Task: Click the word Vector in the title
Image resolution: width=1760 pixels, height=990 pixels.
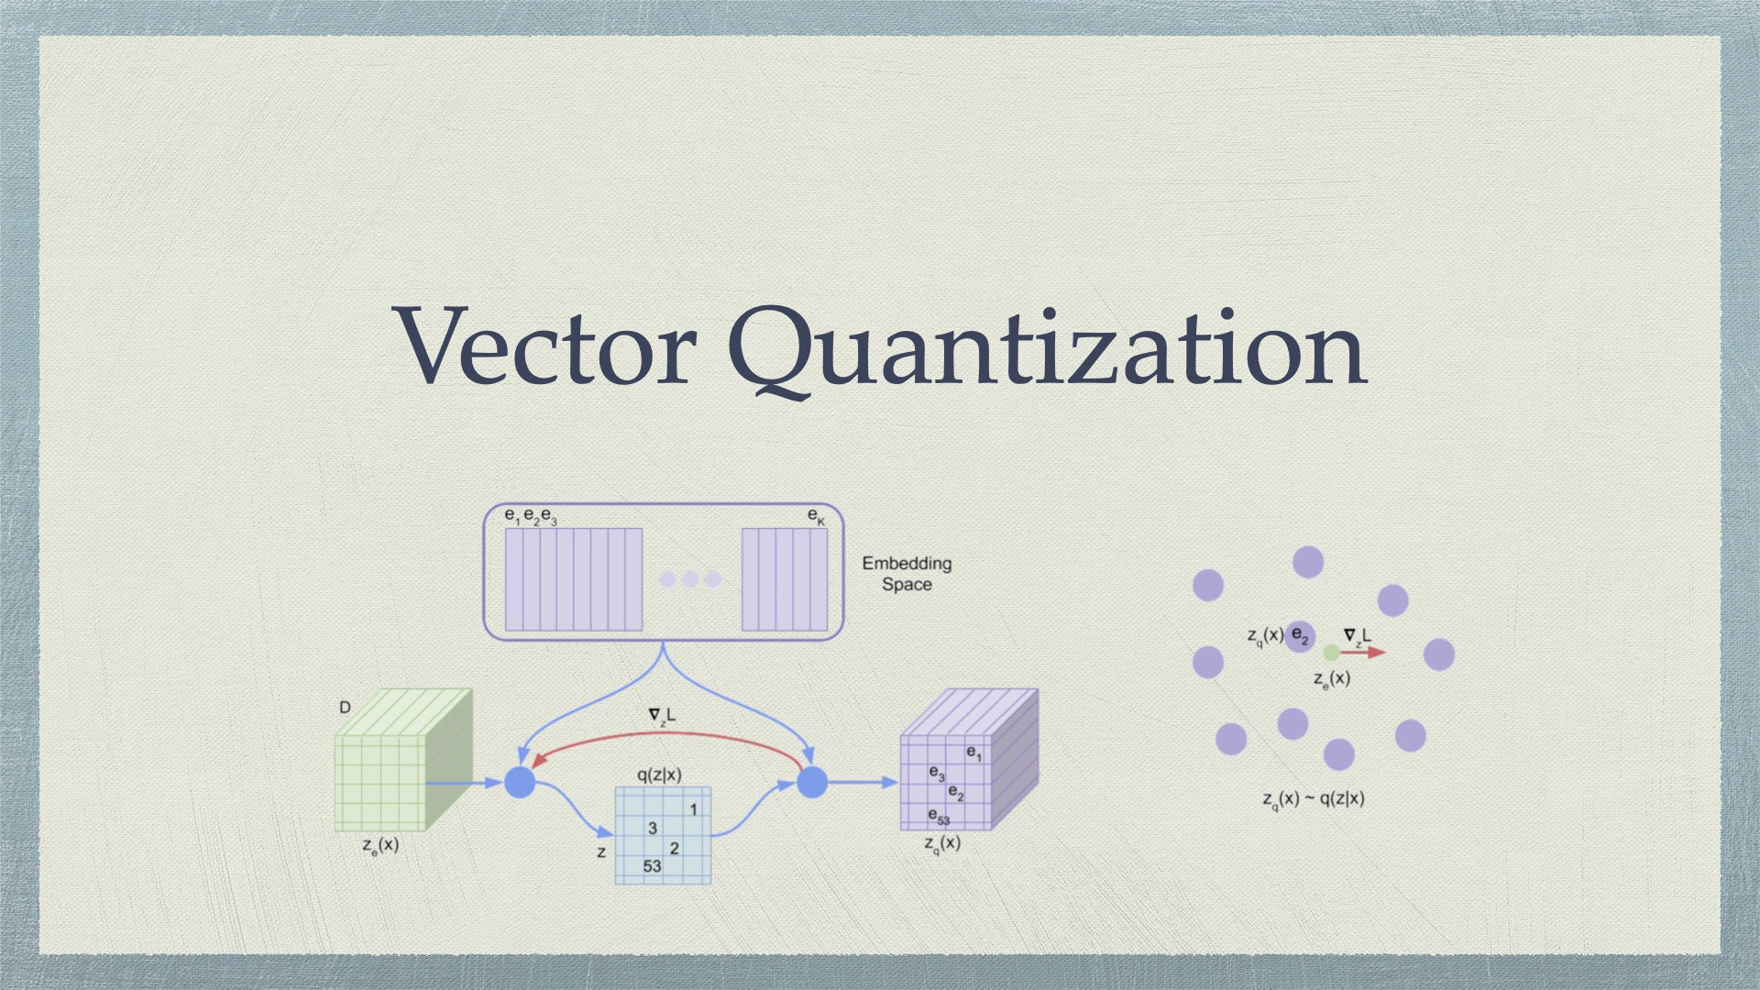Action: (547, 348)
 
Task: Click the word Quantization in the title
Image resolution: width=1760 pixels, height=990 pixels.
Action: (1047, 348)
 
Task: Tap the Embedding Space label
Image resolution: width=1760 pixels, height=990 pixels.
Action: (907, 574)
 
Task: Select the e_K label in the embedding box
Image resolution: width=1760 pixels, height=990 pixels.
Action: (816, 518)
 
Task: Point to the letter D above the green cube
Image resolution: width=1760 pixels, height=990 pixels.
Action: (345, 708)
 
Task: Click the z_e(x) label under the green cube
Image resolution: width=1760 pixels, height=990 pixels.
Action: (380, 845)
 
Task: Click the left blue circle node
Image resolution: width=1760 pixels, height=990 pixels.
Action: (520, 783)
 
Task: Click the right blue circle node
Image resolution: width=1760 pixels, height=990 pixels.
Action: (812, 783)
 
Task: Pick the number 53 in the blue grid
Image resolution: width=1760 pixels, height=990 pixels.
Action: (652, 866)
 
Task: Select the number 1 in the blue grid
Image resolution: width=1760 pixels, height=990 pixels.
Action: (694, 809)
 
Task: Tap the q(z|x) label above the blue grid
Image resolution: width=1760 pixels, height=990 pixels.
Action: (659, 775)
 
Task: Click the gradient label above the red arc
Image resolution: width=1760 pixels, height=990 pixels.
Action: (662, 716)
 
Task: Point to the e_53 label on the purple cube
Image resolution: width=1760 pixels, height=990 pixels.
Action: (939, 815)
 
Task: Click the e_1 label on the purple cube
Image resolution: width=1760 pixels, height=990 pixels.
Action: (973, 753)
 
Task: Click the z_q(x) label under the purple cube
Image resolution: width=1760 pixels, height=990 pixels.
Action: (942, 843)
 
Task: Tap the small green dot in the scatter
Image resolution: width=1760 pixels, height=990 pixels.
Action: (1331, 653)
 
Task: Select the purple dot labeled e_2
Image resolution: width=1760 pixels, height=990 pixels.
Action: (1300, 635)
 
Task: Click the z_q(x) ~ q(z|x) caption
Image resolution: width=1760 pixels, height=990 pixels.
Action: (1314, 799)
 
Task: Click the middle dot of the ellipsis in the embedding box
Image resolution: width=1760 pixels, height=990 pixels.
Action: (690, 579)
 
